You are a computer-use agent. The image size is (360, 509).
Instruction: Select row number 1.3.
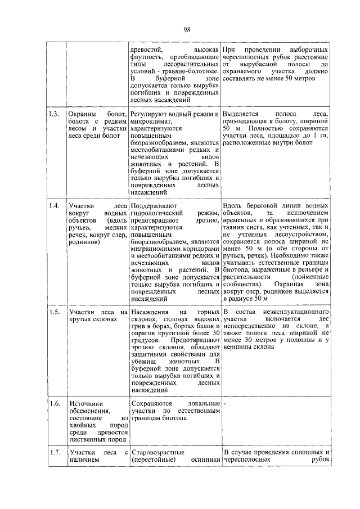pos(54,114)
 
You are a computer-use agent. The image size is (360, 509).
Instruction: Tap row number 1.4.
pos(54,206)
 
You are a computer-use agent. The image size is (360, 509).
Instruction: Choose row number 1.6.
pos(54,404)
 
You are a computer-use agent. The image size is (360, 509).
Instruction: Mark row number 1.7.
pos(54,453)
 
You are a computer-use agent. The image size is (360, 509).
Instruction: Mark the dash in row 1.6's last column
pos(225,404)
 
